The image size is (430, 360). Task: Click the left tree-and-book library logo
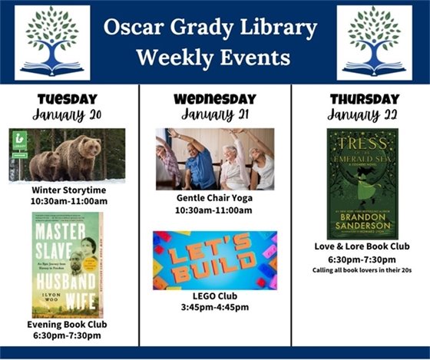coord(52,43)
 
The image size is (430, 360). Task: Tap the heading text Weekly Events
coord(213,58)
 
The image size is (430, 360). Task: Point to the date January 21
coord(214,114)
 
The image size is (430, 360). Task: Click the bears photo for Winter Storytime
coord(67,154)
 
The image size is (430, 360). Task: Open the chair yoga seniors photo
coord(214,159)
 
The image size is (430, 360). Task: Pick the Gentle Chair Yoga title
coord(214,198)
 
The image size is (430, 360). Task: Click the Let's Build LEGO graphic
coord(214,260)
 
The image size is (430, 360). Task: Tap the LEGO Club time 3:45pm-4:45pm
coord(214,308)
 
